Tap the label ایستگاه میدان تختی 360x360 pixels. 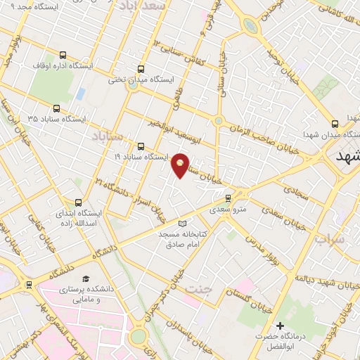(141, 80)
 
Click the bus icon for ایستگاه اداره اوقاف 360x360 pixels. (63, 54)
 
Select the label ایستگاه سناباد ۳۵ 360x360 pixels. (56, 119)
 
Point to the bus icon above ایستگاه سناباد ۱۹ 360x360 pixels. (142, 146)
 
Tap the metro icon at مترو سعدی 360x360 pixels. (226, 198)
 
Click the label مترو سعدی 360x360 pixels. (226, 209)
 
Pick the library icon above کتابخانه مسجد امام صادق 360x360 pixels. (183, 224)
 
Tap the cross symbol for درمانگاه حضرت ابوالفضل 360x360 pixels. (280, 326)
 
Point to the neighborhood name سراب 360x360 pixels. (328, 240)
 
